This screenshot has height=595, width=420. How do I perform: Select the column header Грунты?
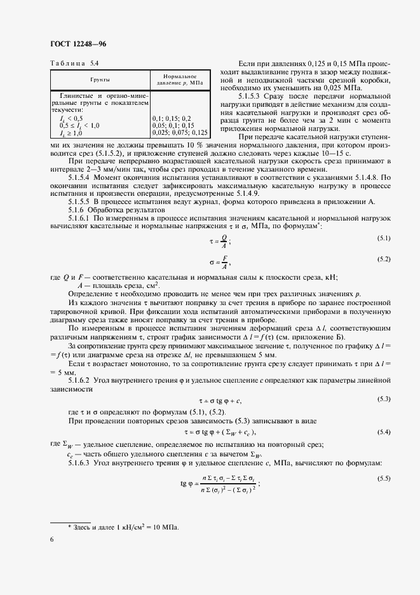100,81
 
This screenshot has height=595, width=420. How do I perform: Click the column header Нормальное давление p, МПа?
182,79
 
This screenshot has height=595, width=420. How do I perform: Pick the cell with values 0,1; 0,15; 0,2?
172,118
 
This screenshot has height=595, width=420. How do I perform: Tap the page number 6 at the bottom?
51,540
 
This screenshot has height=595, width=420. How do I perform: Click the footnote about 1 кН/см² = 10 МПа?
123,527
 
